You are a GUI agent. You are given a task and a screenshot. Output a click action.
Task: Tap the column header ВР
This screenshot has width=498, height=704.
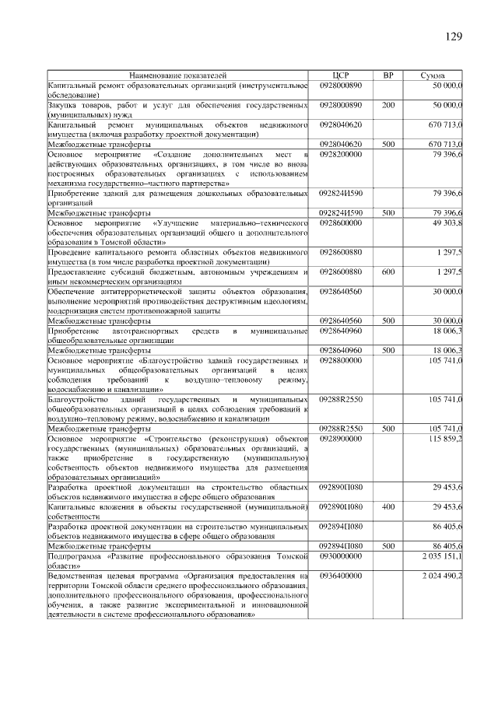[x=388, y=75]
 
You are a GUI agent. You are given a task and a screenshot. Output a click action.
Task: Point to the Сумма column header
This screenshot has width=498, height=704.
[x=433, y=75]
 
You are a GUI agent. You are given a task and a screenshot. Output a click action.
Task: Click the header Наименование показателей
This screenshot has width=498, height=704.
[x=178, y=75]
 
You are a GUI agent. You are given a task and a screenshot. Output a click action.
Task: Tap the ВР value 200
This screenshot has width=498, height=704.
[x=388, y=104]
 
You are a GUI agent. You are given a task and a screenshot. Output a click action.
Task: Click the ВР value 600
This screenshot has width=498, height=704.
[x=388, y=271]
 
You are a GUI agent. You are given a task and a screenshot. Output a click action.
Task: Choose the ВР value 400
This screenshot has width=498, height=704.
[x=388, y=507]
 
